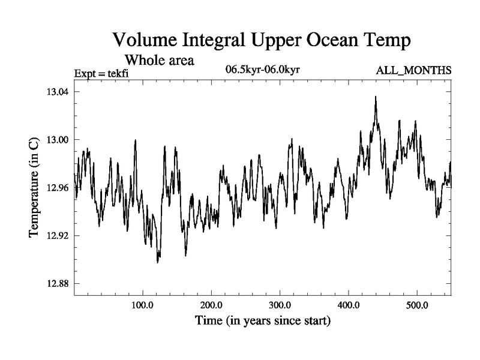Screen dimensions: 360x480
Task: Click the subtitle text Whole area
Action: pyautogui.click(x=159, y=61)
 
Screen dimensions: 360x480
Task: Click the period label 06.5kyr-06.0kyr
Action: pyautogui.click(x=262, y=70)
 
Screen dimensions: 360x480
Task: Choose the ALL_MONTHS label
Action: pyautogui.click(x=413, y=71)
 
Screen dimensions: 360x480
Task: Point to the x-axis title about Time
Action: pyautogui.click(x=262, y=321)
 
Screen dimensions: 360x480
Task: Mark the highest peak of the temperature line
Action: pyautogui.click(x=376, y=97)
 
